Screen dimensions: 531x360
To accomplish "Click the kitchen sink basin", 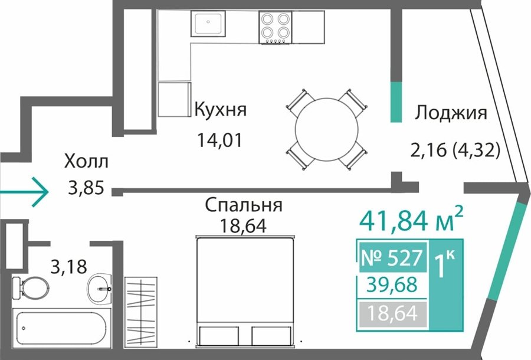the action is click(208, 24).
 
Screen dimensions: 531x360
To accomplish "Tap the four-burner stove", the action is click(276, 27).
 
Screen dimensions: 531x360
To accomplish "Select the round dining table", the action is click(326, 129).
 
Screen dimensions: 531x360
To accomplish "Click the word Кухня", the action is click(221, 110).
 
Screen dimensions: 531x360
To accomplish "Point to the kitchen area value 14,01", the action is click(220, 140).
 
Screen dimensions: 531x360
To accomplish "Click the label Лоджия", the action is click(451, 113).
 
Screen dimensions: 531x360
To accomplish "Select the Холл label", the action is click(86, 161).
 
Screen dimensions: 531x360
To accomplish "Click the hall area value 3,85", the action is click(86, 188).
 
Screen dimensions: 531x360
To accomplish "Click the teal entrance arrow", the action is click(24, 192).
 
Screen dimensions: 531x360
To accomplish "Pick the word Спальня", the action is click(244, 205).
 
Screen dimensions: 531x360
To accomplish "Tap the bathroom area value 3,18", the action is click(69, 266).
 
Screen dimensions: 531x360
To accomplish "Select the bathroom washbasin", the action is click(99, 289).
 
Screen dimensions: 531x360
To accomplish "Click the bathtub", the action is click(61, 328).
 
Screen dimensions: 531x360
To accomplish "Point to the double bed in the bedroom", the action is click(245, 292).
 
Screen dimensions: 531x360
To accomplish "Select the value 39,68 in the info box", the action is click(392, 285).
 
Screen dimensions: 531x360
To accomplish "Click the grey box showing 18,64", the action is click(392, 313).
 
